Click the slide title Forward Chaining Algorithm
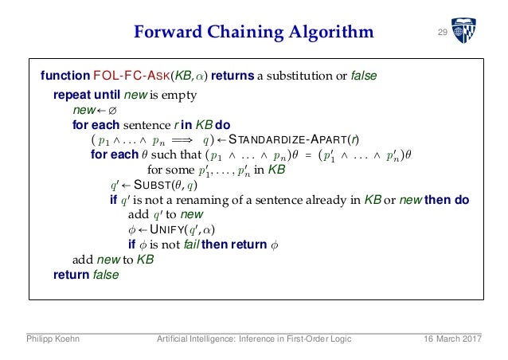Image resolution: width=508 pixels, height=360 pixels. tap(252, 33)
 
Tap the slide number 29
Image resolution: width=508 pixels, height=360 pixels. tap(443, 32)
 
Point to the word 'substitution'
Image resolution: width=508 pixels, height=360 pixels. tap(299, 76)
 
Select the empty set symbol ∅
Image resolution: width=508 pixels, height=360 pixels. tap(111, 111)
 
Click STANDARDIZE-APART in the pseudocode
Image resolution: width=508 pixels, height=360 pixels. tap(269, 140)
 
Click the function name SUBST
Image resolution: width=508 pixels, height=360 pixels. tap(150, 185)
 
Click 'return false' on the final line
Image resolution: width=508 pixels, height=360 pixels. tap(85, 275)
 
